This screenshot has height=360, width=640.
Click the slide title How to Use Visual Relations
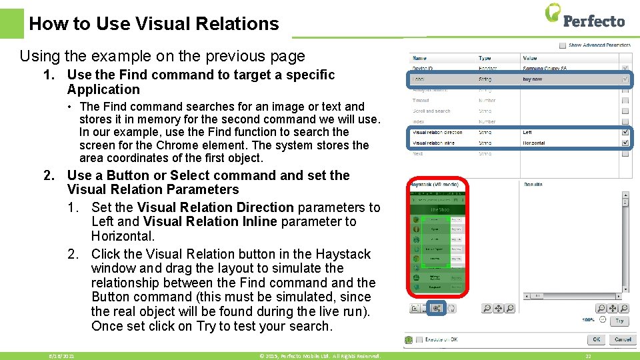point(154,24)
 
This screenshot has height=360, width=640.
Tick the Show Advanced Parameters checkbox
point(563,45)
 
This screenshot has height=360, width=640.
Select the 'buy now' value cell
point(533,79)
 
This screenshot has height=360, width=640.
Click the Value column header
point(530,59)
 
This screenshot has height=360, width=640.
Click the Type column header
point(485,59)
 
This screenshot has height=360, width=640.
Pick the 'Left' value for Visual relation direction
point(528,133)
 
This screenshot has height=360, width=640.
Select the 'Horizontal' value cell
point(534,143)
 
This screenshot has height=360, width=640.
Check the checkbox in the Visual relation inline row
point(625,143)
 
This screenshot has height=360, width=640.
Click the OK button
point(597,339)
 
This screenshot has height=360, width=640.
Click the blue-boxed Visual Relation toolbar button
point(437,308)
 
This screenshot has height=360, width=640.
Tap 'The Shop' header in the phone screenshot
point(440,209)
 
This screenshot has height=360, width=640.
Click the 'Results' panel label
point(533,184)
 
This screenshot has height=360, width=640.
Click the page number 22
point(588,357)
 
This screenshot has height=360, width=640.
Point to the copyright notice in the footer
point(320,357)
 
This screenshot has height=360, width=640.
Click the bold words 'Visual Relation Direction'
point(215,207)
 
